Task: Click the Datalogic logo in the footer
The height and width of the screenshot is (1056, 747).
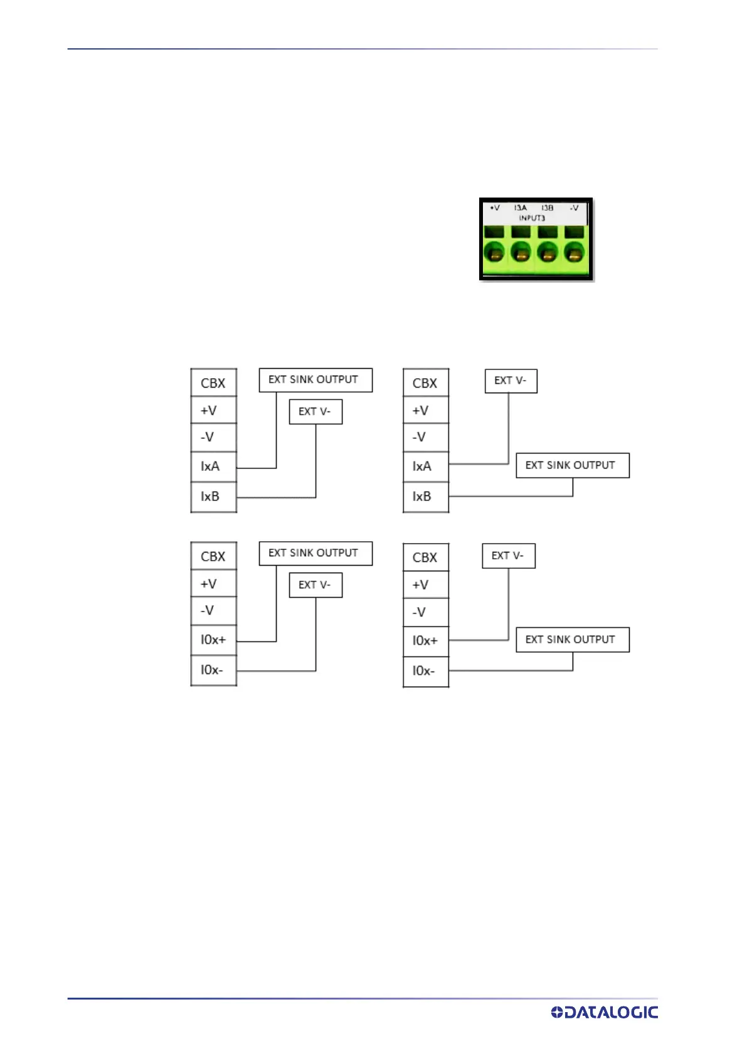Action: tap(604, 1012)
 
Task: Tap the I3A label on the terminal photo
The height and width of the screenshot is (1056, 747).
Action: tap(521, 208)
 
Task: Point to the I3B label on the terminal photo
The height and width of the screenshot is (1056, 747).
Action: tap(547, 208)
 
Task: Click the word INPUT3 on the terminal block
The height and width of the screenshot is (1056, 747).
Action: tap(532, 218)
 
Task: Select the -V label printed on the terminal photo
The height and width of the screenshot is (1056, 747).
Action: tap(574, 208)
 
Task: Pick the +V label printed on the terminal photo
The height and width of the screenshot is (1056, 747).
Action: tap(495, 208)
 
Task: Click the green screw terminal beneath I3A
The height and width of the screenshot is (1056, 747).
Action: tap(521, 253)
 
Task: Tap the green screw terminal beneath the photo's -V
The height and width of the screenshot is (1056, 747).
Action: tap(574, 253)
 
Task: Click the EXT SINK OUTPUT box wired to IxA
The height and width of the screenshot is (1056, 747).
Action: tap(315, 380)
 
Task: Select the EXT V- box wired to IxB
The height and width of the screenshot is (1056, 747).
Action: tap(315, 412)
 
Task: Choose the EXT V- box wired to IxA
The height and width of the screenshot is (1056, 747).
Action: tap(511, 381)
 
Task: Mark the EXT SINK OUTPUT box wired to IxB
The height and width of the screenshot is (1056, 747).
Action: tap(572, 465)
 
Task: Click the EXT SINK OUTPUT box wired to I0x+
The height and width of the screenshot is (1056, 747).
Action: tap(315, 553)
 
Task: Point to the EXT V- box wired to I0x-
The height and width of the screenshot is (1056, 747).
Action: tap(315, 585)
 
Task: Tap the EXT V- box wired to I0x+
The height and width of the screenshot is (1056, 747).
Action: tap(509, 556)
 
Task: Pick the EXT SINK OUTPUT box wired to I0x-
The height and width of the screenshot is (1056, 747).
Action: tap(572, 640)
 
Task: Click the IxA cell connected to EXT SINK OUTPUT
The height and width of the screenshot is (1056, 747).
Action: tap(213, 467)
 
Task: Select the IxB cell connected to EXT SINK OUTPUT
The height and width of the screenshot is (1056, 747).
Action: tap(425, 497)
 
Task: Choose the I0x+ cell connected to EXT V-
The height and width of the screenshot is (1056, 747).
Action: tap(425, 641)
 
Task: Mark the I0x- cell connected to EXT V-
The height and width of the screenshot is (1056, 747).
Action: tap(213, 670)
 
